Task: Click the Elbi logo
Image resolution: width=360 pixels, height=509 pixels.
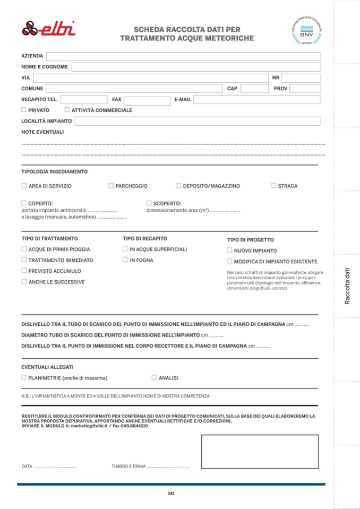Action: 48,28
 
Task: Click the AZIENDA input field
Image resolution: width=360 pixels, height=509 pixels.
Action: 183,56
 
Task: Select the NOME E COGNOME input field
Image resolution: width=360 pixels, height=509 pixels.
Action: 196,67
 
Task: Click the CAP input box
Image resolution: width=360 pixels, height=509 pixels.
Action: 254,89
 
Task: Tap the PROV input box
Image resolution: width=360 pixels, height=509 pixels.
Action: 305,89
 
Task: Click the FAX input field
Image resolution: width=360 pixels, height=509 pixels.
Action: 146,99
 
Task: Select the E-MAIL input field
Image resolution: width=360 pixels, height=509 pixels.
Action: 257,99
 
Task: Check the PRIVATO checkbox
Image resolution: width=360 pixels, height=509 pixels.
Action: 24,110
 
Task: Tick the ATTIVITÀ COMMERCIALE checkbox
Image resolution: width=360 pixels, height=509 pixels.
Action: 67,110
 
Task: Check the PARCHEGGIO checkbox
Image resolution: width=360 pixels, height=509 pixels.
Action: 111,186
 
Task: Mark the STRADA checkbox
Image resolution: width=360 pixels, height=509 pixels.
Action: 273,186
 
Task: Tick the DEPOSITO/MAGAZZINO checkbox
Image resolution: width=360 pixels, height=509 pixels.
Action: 178,186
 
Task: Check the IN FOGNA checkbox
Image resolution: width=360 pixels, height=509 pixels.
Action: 125,260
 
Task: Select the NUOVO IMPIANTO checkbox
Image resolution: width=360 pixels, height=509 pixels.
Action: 229,250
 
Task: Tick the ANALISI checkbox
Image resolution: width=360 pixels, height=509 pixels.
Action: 154,377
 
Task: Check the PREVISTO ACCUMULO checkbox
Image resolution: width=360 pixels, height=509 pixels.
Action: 24,271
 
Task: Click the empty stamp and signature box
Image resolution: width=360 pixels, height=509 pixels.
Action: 260,451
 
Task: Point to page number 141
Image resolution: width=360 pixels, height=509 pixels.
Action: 171,493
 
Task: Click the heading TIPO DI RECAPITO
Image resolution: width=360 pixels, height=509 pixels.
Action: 144,238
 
